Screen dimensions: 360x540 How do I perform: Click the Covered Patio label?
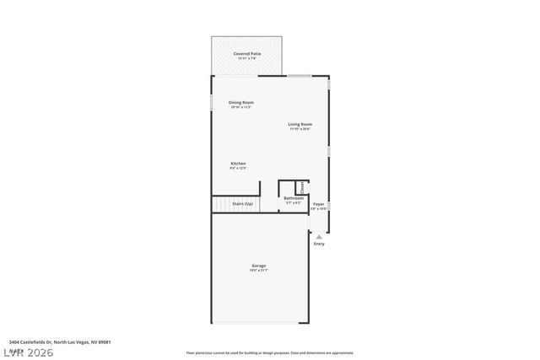247,53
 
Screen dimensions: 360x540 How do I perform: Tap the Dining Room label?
241,103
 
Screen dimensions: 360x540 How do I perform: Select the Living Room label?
300,124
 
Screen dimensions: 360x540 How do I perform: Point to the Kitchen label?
239,164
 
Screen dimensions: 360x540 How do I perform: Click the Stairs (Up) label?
243,204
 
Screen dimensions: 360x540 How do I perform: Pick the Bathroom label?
294,198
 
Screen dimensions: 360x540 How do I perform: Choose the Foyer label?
319,204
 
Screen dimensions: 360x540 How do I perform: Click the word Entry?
319,244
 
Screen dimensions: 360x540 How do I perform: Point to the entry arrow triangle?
319,237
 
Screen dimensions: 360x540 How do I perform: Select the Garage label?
259,266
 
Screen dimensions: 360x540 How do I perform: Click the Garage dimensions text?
259,271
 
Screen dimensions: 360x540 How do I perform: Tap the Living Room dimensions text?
300,129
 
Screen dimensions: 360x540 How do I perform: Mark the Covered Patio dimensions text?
247,58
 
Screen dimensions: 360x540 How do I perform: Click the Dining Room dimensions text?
241,108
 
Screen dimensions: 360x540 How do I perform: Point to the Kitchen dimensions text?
239,169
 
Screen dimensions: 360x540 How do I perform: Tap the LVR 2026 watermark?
28,352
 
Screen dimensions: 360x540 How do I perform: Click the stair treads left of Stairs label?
221,205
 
